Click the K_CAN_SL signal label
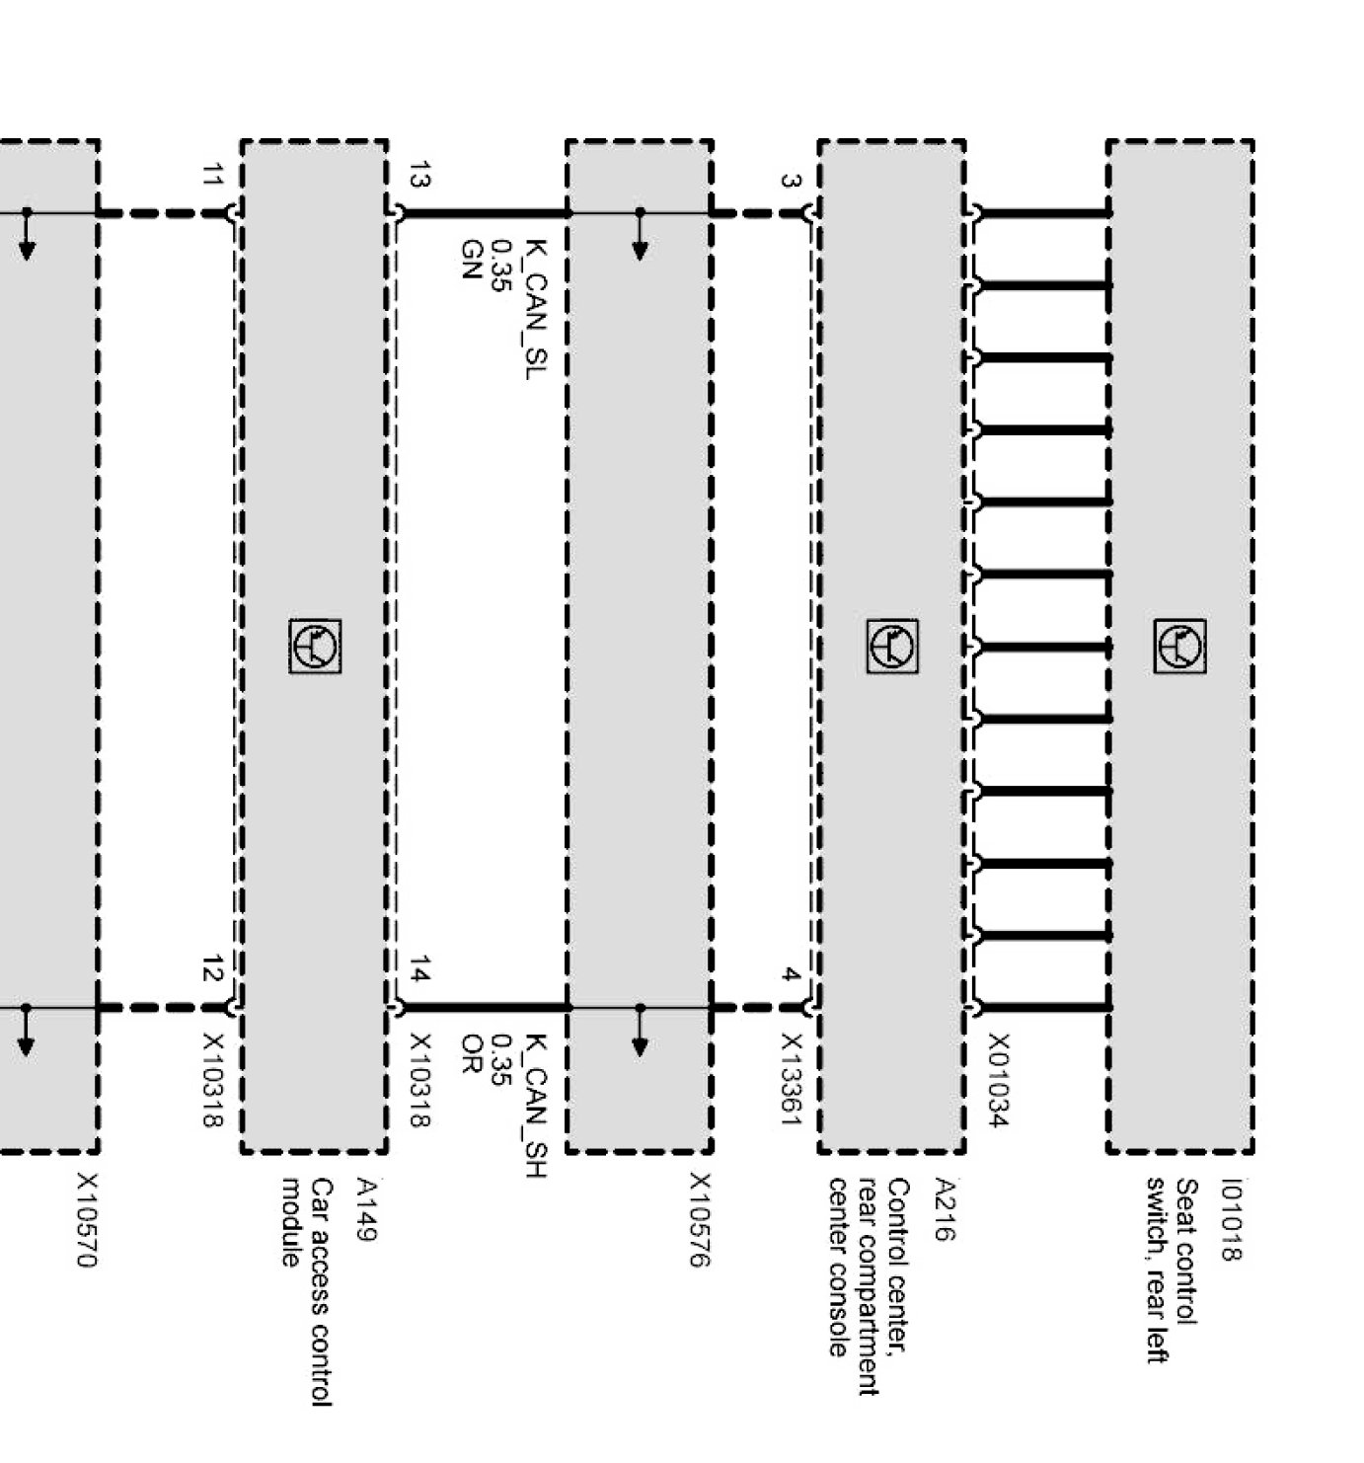click(x=534, y=309)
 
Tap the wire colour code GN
click(x=471, y=259)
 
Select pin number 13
click(x=418, y=175)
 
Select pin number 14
click(x=418, y=970)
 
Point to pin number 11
click(x=211, y=176)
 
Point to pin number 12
click(x=211, y=970)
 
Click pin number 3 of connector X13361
click(x=791, y=181)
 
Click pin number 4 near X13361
click(x=791, y=975)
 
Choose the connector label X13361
click(x=791, y=1079)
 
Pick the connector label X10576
click(x=700, y=1220)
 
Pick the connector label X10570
click(x=87, y=1220)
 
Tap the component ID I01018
click(x=1231, y=1219)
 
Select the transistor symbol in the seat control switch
click(x=1180, y=647)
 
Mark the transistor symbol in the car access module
click(x=316, y=647)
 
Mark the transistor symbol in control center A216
click(x=892, y=647)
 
